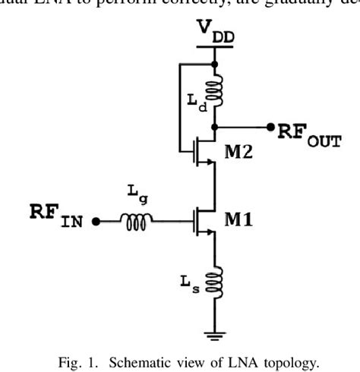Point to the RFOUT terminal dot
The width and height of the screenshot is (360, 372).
tap(270, 127)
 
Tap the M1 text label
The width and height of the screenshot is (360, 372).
tap(241, 221)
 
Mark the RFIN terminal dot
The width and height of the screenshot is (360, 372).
tap(95, 222)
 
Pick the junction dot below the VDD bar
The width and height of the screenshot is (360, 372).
tap(216, 65)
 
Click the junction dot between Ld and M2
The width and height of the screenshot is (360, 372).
tap(216, 127)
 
